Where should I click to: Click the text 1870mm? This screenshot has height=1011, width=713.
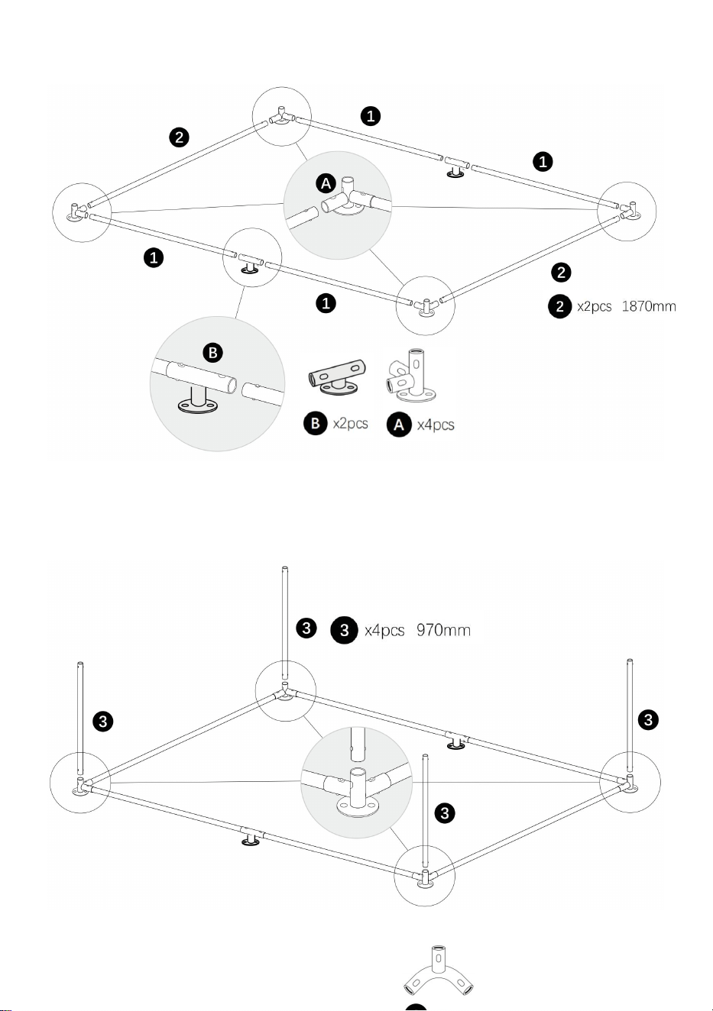(x=649, y=306)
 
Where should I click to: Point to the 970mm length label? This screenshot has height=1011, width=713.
(x=443, y=630)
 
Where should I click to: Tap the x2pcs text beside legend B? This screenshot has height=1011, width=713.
(x=350, y=424)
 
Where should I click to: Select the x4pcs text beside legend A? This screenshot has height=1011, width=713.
(x=436, y=425)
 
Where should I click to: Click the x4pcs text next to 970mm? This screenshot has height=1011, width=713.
(x=384, y=630)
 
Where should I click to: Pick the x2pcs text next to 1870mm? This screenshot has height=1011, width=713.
(x=595, y=306)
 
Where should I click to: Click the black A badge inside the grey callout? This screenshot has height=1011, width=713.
(x=326, y=184)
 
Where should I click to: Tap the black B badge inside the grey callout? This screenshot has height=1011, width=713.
(x=212, y=353)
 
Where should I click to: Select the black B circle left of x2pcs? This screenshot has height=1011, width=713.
(x=316, y=423)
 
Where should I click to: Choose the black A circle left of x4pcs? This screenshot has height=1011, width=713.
(x=399, y=425)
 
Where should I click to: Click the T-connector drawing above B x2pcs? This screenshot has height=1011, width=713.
(x=337, y=377)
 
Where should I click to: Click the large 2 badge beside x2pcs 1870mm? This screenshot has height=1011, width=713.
(x=560, y=306)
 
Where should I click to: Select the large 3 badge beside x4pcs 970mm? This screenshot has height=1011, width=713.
(x=345, y=630)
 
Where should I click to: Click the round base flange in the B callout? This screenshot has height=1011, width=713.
(x=196, y=405)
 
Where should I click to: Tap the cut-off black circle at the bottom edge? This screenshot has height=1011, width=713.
(x=416, y=1007)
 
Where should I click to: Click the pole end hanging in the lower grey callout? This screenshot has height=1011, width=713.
(x=358, y=745)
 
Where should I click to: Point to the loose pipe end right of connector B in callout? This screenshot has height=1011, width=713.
(x=263, y=391)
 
